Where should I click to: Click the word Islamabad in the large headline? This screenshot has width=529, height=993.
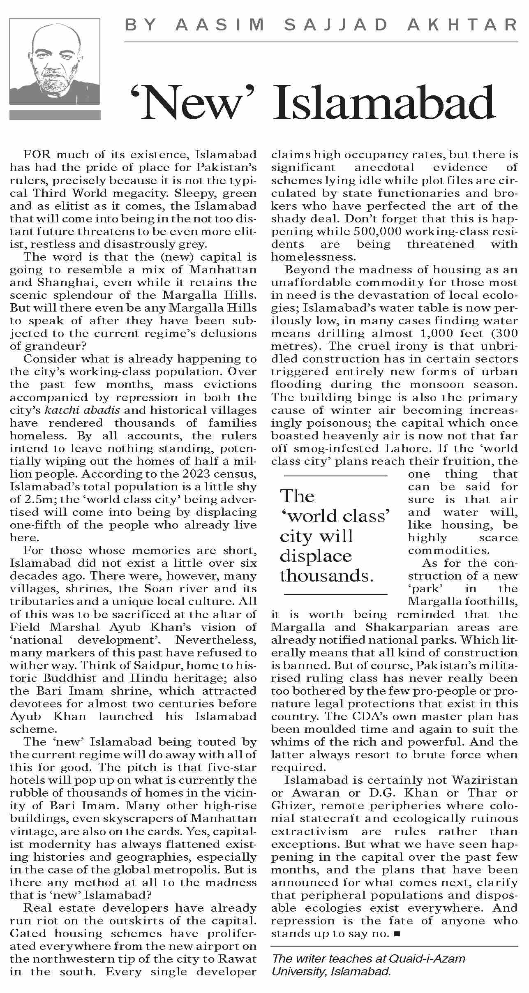(x=385, y=103)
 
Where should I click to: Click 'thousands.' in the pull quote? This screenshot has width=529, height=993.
(x=327, y=575)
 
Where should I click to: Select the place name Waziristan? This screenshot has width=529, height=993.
(x=485, y=780)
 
